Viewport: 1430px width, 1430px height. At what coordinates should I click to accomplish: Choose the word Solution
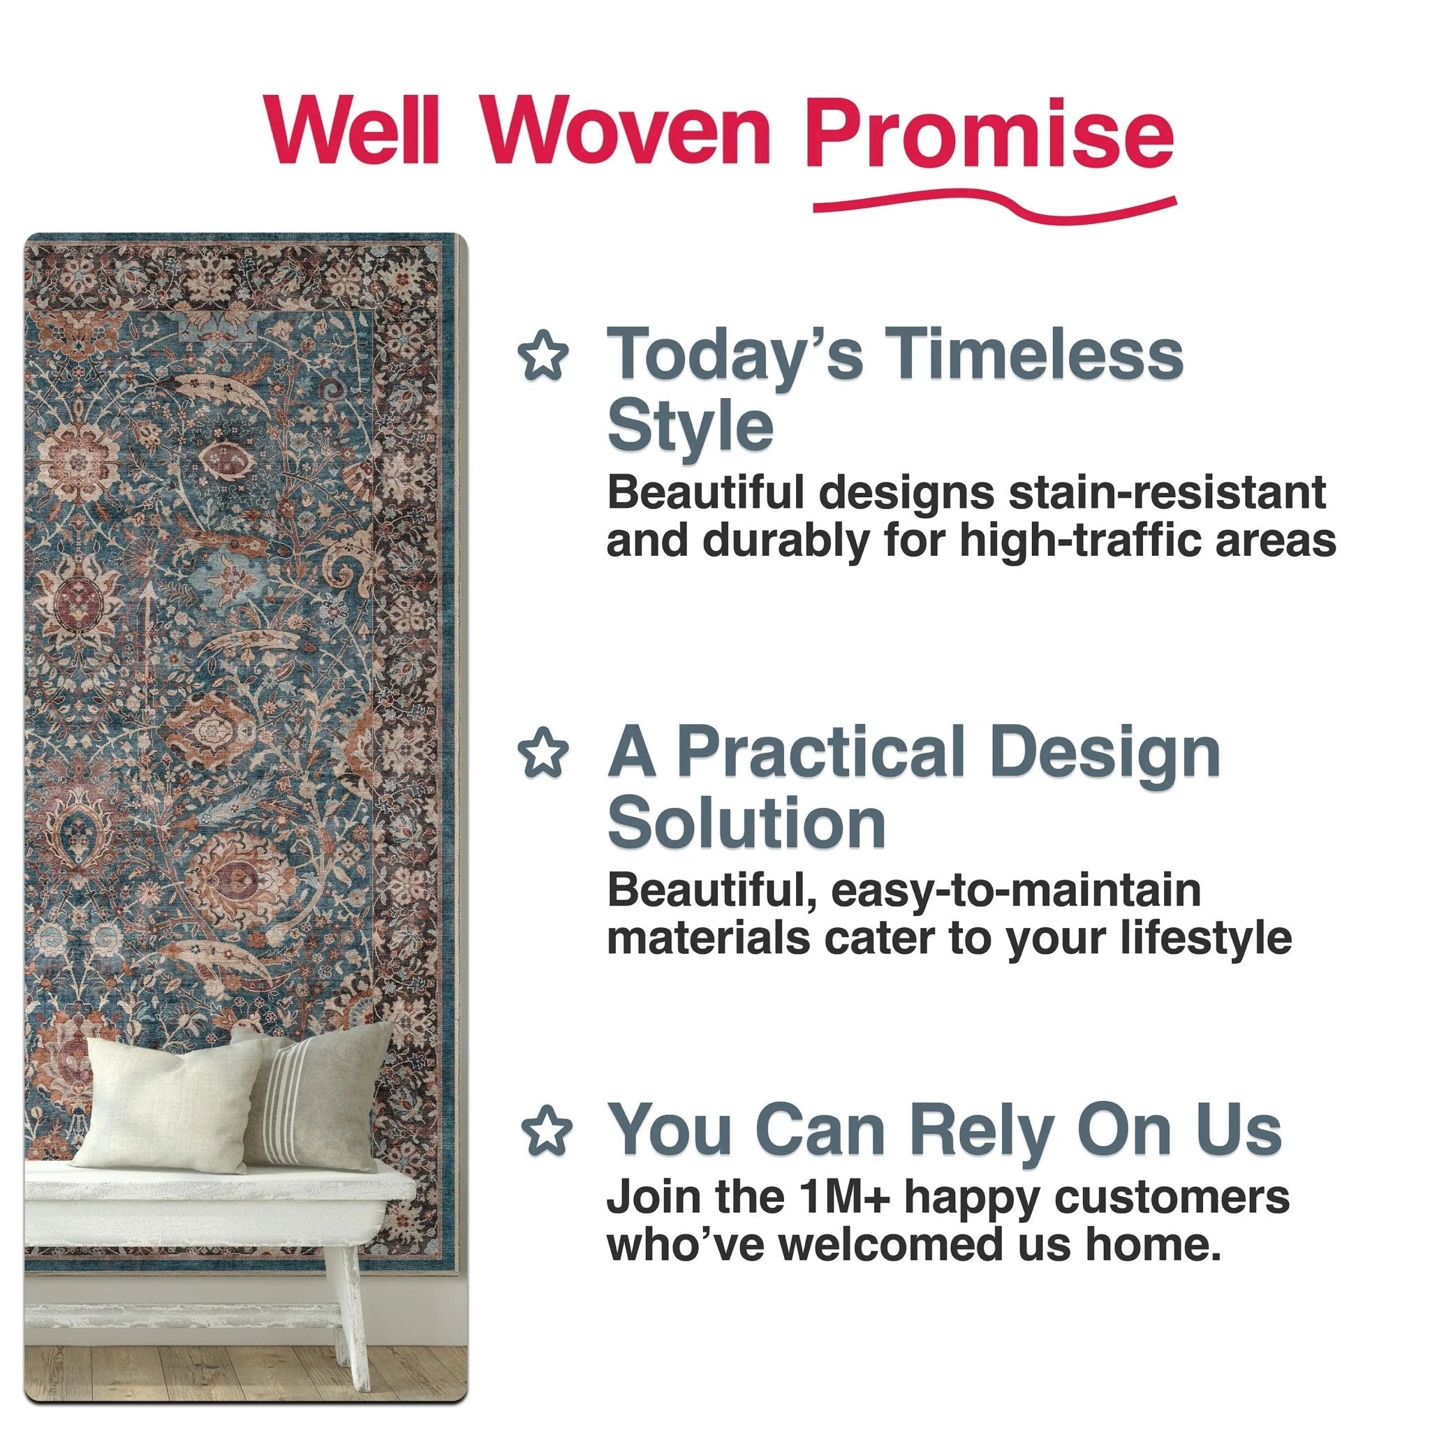[x=746, y=823]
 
